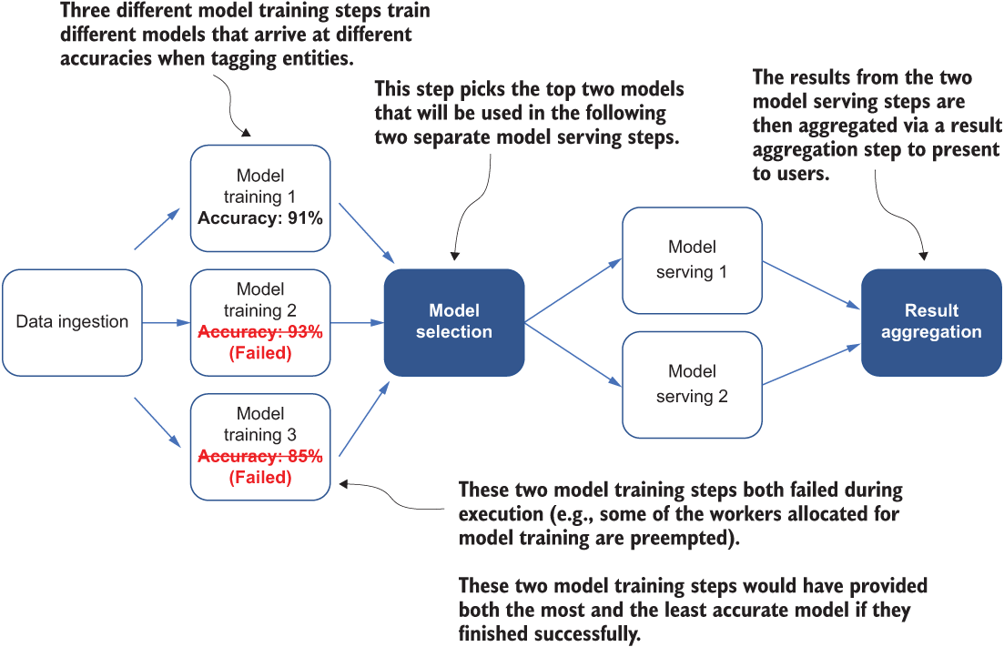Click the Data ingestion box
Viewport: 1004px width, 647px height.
(x=72, y=322)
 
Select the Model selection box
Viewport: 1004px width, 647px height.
(x=454, y=322)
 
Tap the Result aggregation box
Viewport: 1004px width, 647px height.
(x=931, y=322)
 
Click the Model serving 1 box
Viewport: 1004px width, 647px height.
(x=692, y=260)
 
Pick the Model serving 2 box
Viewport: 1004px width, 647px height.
(x=692, y=385)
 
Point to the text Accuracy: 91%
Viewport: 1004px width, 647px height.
(x=260, y=218)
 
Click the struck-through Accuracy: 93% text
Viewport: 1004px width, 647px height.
(x=260, y=331)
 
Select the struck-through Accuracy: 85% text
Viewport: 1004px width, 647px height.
(x=260, y=456)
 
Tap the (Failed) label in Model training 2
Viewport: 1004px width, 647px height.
(x=260, y=353)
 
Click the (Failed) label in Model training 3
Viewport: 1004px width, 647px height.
(x=260, y=478)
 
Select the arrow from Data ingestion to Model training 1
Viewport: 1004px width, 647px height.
(x=157, y=228)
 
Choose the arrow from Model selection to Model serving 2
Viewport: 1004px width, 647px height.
(x=573, y=354)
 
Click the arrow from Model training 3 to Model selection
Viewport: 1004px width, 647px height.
(x=364, y=420)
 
